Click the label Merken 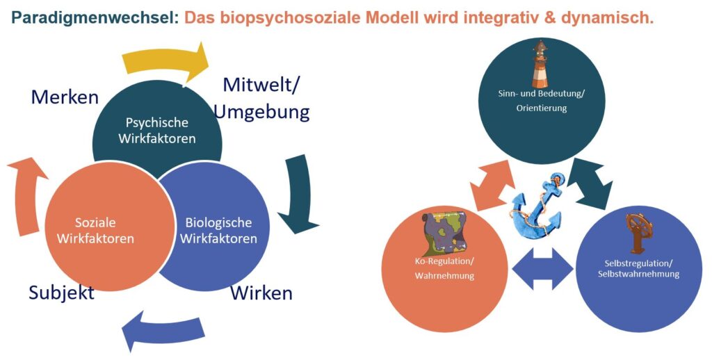click(65, 97)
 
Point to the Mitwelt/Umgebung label click(262, 98)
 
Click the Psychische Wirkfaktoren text click(157, 130)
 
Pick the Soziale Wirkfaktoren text click(95, 231)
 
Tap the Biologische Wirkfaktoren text click(218, 231)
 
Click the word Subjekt click(61, 293)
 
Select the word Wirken click(261, 293)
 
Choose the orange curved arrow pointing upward click(26, 196)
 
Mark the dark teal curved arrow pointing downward click(300, 195)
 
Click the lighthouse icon click(540, 64)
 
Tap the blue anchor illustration click(539, 204)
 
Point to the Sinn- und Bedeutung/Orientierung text click(540, 101)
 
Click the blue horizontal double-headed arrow click(542, 269)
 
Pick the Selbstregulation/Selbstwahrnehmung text click(638, 268)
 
